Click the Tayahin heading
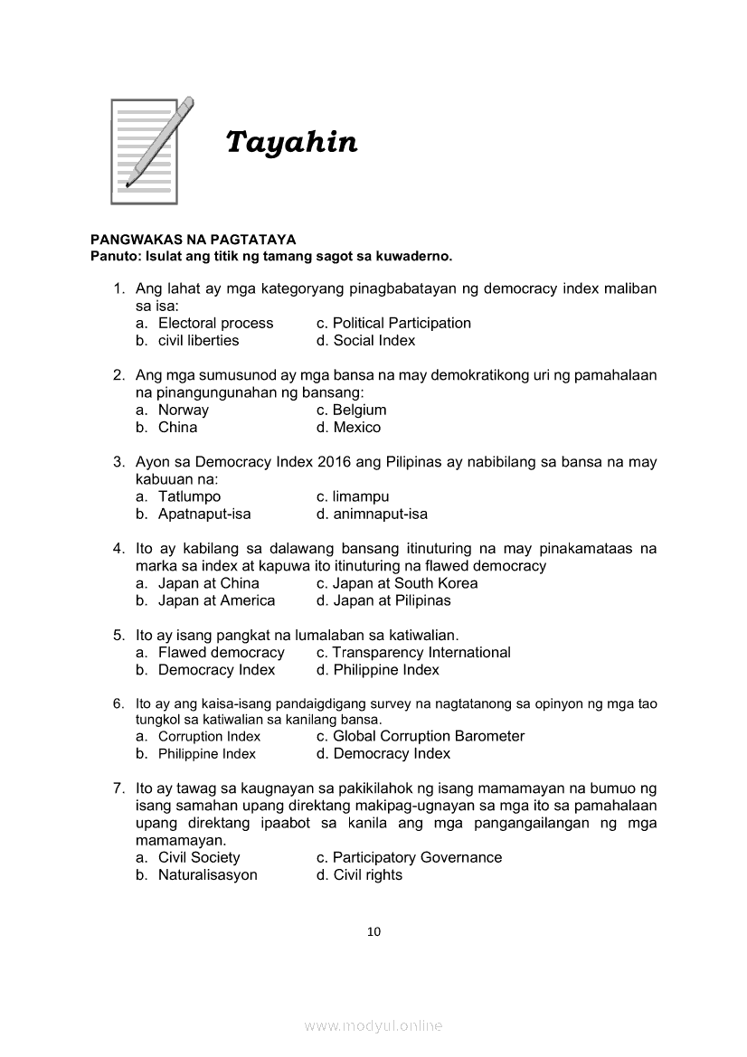pos(291,143)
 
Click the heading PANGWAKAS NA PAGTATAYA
pos(193,240)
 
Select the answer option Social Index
pos(373,341)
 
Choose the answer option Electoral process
pos(215,323)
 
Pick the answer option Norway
pos(184,410)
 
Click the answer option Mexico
pos(356,428)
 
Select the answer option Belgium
pos(359,410)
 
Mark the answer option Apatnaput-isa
pos(204,514)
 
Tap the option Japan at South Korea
pos(404,583)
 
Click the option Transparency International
pos(421,653)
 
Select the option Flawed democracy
pos(221,653)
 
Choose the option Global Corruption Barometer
pos(429,736)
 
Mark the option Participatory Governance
pos(417,858)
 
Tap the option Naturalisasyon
pos(207,875)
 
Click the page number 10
pos(373,932)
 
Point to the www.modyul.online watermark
pos(373,1026)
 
